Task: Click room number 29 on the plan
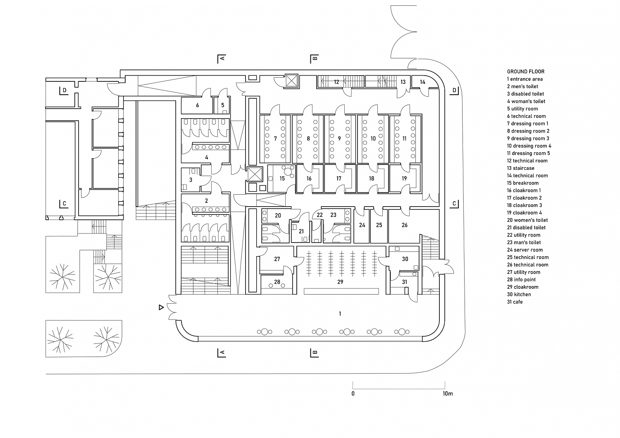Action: click(x=340, y=282)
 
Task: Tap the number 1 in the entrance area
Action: click(x=340, y=314)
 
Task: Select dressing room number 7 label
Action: click(x=275, y=138)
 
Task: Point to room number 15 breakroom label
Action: click(x=282, y=179)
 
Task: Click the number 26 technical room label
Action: click(x=404, y=225)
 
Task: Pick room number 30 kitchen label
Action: click(x=405, y=259)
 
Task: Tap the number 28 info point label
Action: click(x=277, y=282)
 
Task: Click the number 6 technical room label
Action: click(x=197, y=105)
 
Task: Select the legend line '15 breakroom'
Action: click(x=523, y=183)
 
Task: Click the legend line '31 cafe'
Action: click(x=515, y=302)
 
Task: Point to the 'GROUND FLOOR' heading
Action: click(x=526, y=71)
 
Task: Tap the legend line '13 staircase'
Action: click(x=521, y=168)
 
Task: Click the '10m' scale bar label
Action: click(x=448, y=393)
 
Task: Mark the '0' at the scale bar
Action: click(x=353, y=393)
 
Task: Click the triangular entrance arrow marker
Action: click(x=161, y=307)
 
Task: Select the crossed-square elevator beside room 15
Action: click(x=255, y=174)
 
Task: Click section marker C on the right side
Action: click(x=454, y=204)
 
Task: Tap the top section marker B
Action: click(x=315, y=59)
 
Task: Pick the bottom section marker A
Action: click(x=222, y=353)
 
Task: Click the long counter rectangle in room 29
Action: click(x=341, y=291)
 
